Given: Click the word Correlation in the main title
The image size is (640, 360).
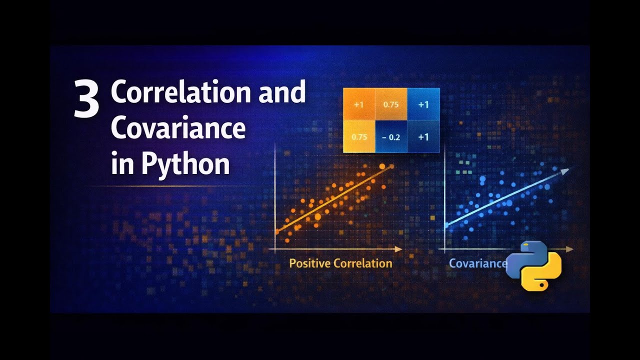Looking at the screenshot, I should coord(180,92).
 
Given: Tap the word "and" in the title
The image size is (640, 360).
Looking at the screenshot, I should coord(281,92).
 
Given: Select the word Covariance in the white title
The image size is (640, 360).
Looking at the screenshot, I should coord(178,128).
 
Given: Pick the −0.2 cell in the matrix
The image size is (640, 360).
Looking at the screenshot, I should coord(391,136).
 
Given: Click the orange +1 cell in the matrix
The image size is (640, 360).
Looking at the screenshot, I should coord(358,105).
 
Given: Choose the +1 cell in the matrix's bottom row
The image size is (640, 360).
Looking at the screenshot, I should coord(423,136).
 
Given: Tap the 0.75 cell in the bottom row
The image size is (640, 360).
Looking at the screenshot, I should coord(359,136).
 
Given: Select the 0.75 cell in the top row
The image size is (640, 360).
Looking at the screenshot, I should coord(391,105).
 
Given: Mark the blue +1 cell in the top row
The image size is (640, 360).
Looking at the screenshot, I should coord(423,105).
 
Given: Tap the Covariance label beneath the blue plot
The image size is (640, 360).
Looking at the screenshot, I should coord(477,263).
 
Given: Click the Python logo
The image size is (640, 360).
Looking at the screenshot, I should coord(534,265).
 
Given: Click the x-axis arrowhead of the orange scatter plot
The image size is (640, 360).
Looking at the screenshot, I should coord(398,248).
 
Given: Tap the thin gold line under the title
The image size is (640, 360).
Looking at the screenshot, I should coord(170,186).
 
